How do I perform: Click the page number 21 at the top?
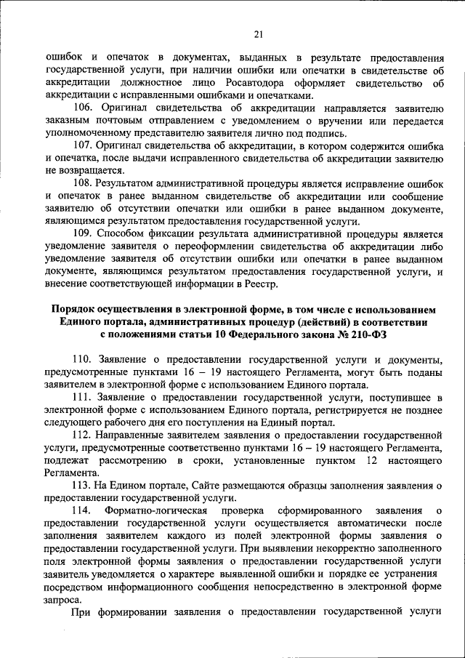pyautogui.click(x=257, y=33)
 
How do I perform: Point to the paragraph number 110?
pyautogui.click(x=86, y=360)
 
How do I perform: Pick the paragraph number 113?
pyautogui.click(x=86, y=486)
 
